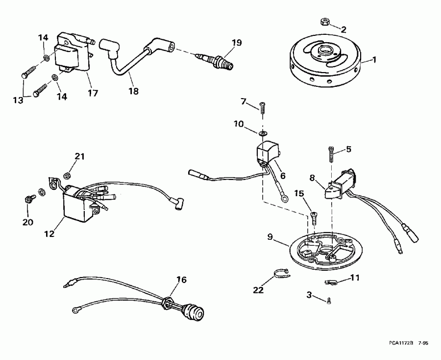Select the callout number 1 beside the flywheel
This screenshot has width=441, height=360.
[x=375, y=60]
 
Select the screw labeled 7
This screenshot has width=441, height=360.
[x=263, y=106]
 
